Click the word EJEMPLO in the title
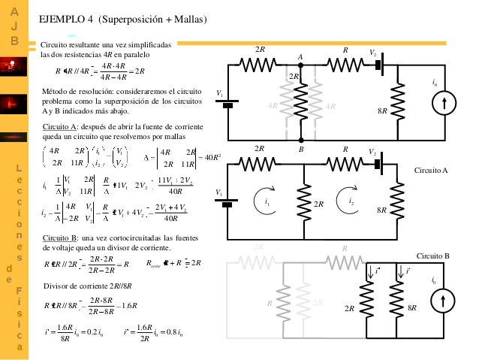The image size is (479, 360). coord(62,19)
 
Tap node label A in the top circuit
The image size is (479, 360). coord(300,57)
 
